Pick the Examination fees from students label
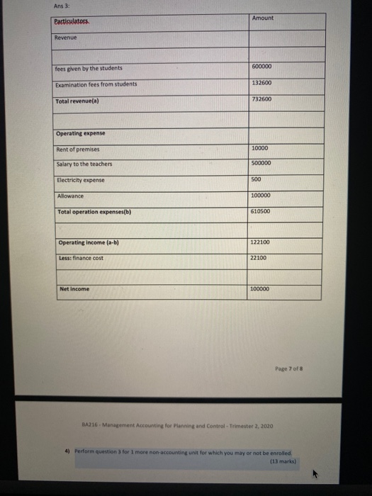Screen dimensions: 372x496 pyautogui.click(x=96, y=84)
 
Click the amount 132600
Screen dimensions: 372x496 pyautogui.click(x=261, y=84)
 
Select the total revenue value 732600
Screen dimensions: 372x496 pyautogui.click(x=261, y=100)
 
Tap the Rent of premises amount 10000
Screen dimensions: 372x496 pyautogui.click(x=260, y=147)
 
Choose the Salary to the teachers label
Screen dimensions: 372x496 pyautogui.click(x=84, y=164)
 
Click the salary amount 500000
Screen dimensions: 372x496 pyautogui.click(x=261, y=164)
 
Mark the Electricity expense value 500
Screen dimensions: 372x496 pyautogui.click(x=257, y=179)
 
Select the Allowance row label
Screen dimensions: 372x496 pyautogui.click(x=70, y=196)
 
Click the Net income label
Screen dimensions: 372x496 pyautogui.click(x=74, y=289)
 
